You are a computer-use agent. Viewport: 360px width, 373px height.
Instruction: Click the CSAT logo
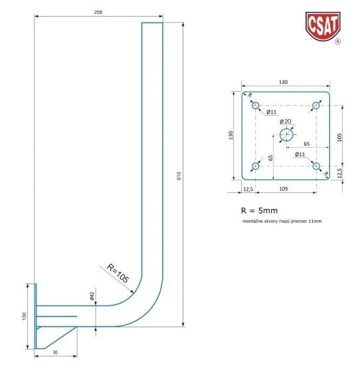pyautogui.click(x=323, y=26)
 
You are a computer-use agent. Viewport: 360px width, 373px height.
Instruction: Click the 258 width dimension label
pyautogui.click(x=98, y=12)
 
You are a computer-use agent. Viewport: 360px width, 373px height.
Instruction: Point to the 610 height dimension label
pyautogui.click(x=179, y=176)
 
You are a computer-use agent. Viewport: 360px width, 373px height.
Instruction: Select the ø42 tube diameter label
pyautogui.click(x=92, y=296)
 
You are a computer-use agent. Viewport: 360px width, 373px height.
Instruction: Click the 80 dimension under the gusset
pyautogui.click(x=55, y=352)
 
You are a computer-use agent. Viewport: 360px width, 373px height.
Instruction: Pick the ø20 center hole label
pyautogui.click(x=286, y=121)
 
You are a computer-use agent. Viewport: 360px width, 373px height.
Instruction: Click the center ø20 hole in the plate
pyautogui.click(x=286, y=135)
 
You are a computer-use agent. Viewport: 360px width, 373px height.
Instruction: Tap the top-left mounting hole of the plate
pyautogui.click(x=256, y=105)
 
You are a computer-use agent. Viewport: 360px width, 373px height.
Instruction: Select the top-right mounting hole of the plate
pyautogui.click(x=315, y=105)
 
